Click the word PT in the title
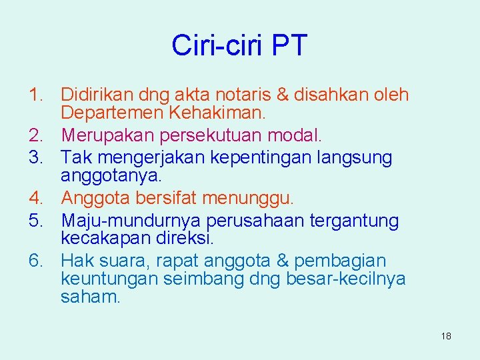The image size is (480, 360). pos(290,45)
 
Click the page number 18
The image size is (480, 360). pos(446,336)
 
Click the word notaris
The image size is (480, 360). pos(251,95)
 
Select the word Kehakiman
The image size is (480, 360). pos(215,113)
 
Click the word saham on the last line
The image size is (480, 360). pos(90,297)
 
